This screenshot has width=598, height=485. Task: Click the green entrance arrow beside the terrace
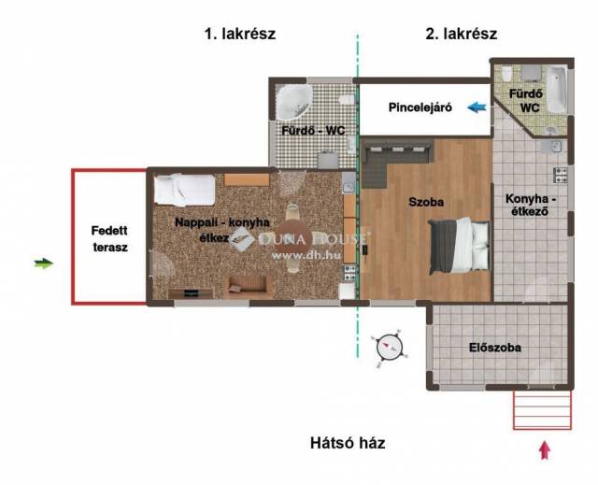[x=44, y=264]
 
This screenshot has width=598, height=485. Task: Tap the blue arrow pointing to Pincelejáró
[x=477, y=107]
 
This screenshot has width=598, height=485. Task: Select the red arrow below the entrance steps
[x=545, y=450]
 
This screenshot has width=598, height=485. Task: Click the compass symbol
[x=390, y=348]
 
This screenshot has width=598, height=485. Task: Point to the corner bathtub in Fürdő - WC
[x=293, y=102]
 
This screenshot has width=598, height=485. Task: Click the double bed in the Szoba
[x=459, y=245]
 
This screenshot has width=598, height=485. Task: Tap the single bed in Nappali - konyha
[x=185, y=190]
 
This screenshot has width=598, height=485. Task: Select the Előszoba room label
[x=494, y=348]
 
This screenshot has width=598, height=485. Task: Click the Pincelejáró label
[x=420, y=107]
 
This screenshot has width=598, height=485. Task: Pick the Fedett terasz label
[x=110, y=239]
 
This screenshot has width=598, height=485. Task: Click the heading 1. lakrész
[x=240, y=34]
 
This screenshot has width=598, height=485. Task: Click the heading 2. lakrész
[x=461, y=34]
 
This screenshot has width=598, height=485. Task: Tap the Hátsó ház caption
[x=348, y=443]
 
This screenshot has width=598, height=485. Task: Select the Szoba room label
[x=426, y=202]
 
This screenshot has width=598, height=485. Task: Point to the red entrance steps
[x=542, y=409]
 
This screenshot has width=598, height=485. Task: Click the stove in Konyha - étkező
[x=560, y=176]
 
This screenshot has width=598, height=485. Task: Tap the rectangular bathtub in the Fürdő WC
[x=557, y=90]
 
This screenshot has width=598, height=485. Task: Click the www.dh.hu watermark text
[x=306, y=255]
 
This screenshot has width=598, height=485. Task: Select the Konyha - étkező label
[x=531, y=206]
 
